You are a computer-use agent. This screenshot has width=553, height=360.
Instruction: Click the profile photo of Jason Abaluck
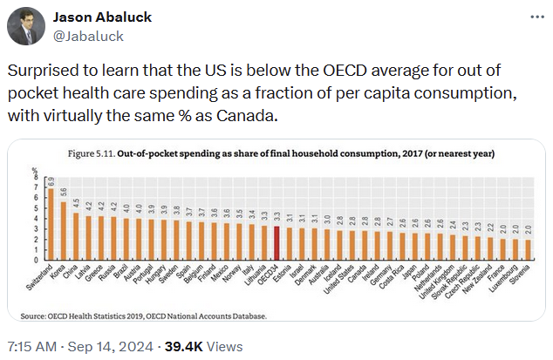pos(26,27)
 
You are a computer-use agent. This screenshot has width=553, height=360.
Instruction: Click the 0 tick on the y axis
pos(37,262)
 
